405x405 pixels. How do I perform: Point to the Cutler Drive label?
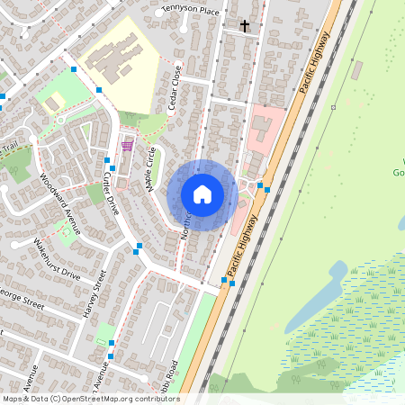111,193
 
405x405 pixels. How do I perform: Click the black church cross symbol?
244,26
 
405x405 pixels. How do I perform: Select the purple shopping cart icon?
128,144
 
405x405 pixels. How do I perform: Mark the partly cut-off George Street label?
20,298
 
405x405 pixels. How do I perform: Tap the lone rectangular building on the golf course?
357,69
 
